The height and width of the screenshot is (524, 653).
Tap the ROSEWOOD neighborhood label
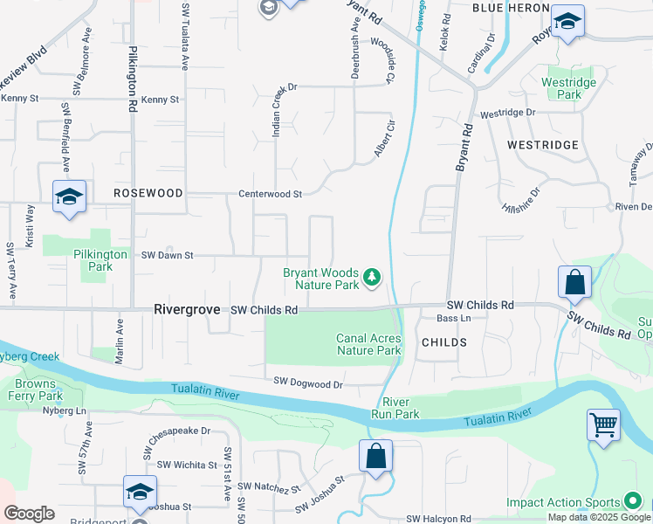(148, 193)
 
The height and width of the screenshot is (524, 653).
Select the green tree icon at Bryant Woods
(373, 278)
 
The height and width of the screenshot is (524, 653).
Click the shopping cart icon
(603, 426)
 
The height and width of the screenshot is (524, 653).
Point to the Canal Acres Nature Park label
(368, 344)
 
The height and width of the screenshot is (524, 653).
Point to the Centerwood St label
(271, 194)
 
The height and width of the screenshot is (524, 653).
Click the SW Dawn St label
(167, 255)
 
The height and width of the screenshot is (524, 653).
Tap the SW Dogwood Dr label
(308, 382)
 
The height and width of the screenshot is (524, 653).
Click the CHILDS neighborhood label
(443, 343)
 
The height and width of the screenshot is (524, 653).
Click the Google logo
(30, 514)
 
